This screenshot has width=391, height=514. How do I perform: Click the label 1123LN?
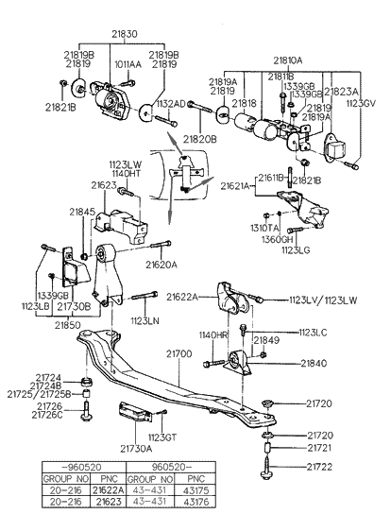pos(145,321)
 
